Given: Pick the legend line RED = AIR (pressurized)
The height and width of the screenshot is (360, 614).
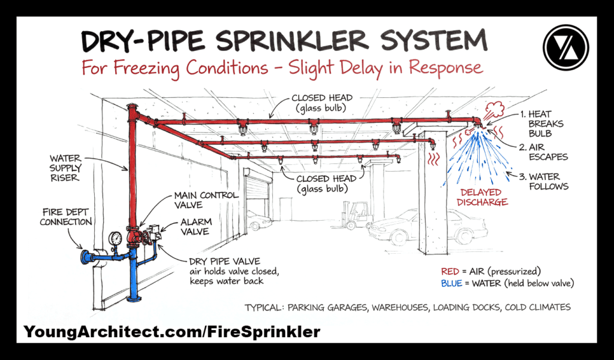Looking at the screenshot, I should [x=495, y=270].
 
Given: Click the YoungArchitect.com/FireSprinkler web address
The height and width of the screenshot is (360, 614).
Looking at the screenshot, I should [x=172, y=331].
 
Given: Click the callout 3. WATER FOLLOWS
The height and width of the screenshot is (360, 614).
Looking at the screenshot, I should [x=544, y=181].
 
